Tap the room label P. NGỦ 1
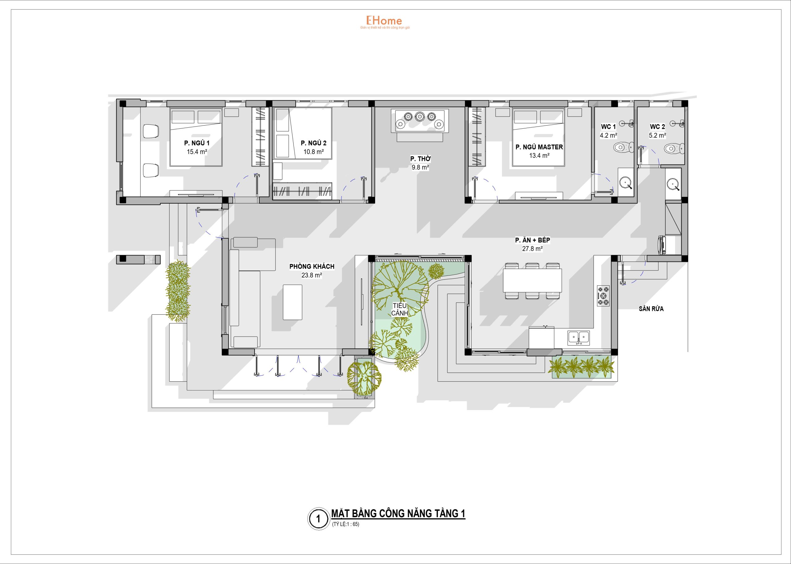(x=197, y=143)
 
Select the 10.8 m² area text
(x=314, y=152)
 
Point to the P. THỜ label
(x=420, y=159)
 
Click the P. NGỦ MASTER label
(x=539, y=147)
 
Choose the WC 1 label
(x=608, y=127)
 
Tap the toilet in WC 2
(x=674, y=149)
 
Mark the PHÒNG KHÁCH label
(x=312, y=266)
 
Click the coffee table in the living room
(x=292, y=302)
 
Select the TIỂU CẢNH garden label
(x=400, y=309)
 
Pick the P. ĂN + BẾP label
(x=533, y=240)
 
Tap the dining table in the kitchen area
(x=532, y=280)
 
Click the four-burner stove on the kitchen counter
(x=603, y=296)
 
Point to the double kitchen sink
(x=578, y=338)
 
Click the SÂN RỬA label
(x=651, y=309)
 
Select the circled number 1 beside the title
(x=318, y=519)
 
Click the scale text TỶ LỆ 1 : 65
(x=346, y=524)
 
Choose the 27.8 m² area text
(x=532, y=249)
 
